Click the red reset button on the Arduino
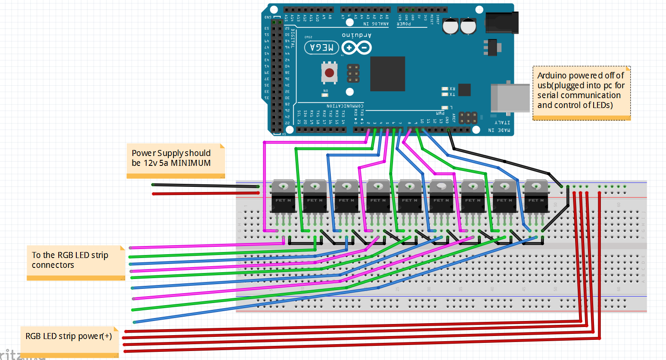click(329, 73)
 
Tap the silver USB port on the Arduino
click(510, 98)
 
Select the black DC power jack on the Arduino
click(502, 23)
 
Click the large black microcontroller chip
click(387, 74)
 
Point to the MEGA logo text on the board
click(321, 48)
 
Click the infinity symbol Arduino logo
click(357, 48)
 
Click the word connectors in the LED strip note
click(53, 265)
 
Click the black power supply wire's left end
click(153, 185)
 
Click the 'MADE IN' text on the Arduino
click(499, 130)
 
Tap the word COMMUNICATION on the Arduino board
click(345, 106)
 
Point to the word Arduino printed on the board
click(357, 35)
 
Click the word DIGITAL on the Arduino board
click(293, 39)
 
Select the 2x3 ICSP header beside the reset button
click(353, 73)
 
